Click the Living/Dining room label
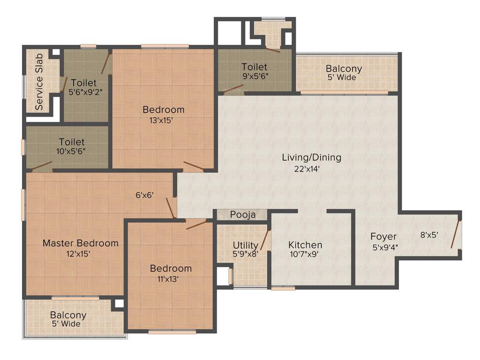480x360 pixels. point(311,157)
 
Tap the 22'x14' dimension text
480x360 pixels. point(307,169)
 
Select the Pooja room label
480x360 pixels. point(243,215)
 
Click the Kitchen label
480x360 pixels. point(305,245)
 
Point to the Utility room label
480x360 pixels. point(246,245)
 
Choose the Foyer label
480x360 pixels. point(383,236)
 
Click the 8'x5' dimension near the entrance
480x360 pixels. point(429,235)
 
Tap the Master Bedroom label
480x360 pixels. point(80,243)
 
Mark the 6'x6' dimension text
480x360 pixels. point(145,195)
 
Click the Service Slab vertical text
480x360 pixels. point(39,82)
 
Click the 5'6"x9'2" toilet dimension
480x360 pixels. point(85,92)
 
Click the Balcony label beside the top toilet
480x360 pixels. point(344,68)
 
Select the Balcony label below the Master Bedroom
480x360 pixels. point(68,315)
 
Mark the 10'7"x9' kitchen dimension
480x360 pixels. point(305,255)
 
